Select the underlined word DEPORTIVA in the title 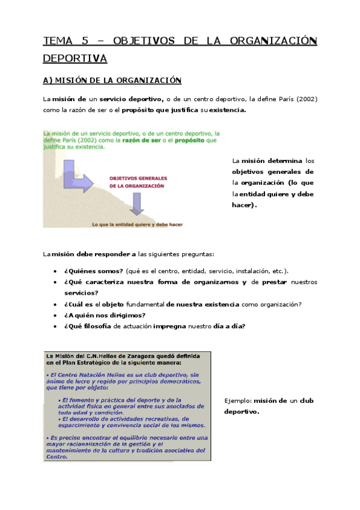click(x=75, y=58)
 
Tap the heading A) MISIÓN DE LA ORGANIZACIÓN click(x=112, y=80)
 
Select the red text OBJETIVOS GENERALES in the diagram click(x=137, y=179)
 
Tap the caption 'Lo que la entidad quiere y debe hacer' click(x=137, y=224)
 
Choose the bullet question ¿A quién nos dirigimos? click(x=105, y=315)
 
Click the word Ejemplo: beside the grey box click(x=237, y=401)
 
